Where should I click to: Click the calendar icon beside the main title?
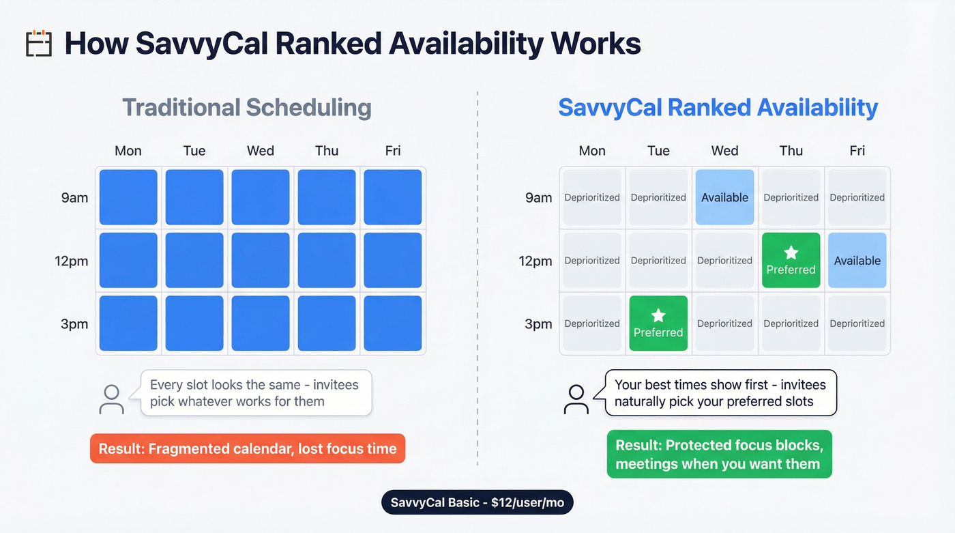point(39,43)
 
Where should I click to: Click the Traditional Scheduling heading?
point(247,108)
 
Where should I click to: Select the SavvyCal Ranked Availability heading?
point(718,108)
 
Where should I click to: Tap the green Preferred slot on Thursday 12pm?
point(791,260)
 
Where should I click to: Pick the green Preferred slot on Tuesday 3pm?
point(658,323)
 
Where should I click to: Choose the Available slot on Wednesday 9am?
point(724,197)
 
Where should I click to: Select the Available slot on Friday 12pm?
point(857,260)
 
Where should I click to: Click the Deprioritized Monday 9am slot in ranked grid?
point(592,197)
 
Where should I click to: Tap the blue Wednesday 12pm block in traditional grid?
point(261,260)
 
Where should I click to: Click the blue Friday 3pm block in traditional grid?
point(393,323)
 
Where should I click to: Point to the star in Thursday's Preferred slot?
point(791,253)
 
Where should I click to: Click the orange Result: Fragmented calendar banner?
point(248,448)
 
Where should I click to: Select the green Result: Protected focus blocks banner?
point(719,454)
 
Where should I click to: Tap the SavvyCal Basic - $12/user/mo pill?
point(477,503)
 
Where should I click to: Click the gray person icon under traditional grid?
point(111,399)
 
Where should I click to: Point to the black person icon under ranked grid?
point(576,399)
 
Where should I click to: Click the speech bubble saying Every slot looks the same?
point(255,393)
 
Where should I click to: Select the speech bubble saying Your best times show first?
point(720,393)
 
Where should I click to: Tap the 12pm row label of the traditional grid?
point(72,261)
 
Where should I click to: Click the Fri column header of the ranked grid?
point(857,151)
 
